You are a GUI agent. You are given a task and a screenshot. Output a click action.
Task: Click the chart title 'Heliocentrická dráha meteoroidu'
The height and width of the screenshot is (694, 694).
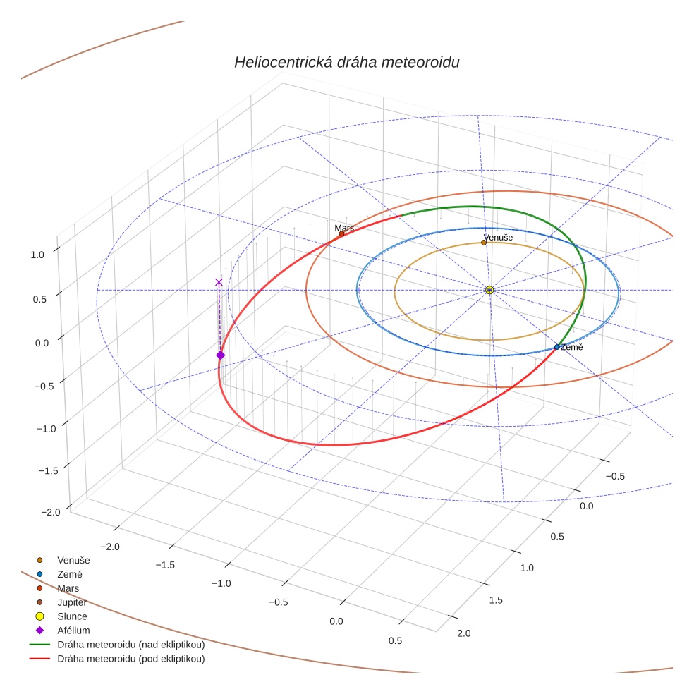[346, 63]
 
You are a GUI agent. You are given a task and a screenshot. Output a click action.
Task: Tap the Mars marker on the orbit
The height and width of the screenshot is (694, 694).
[342, 233]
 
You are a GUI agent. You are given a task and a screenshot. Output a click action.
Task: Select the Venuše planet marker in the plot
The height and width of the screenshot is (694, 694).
[484, 243]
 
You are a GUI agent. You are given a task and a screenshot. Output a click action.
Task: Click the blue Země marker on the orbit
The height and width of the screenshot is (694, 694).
[556, 347]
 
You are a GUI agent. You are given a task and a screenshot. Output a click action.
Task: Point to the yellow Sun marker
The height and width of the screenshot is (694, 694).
[489, 290]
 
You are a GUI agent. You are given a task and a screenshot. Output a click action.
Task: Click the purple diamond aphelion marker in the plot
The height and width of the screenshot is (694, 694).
[220, 355]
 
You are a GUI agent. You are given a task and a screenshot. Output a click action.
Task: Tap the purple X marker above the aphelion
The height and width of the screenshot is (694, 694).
[219, 282]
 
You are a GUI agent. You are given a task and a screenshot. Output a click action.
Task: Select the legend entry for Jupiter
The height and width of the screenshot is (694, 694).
[72, 602]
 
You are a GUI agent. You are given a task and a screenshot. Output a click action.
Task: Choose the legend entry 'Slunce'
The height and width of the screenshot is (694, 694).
[72, 616]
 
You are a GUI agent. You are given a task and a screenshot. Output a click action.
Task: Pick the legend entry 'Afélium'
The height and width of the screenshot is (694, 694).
[73, 631]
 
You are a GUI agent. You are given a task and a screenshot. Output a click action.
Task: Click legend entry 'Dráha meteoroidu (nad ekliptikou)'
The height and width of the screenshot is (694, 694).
[130, 645]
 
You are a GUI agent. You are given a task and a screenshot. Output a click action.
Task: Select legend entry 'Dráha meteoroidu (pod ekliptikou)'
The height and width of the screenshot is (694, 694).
[130, 659]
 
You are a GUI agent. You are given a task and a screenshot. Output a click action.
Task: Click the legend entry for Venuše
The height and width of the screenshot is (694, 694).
[73, 560]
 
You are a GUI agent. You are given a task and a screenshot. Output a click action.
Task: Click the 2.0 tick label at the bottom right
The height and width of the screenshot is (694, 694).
[464, 633]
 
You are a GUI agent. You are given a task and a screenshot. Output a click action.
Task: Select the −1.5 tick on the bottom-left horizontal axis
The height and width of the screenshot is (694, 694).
[165, 565]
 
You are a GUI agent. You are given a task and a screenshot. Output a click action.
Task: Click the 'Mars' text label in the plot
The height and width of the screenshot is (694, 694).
[345, 228]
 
